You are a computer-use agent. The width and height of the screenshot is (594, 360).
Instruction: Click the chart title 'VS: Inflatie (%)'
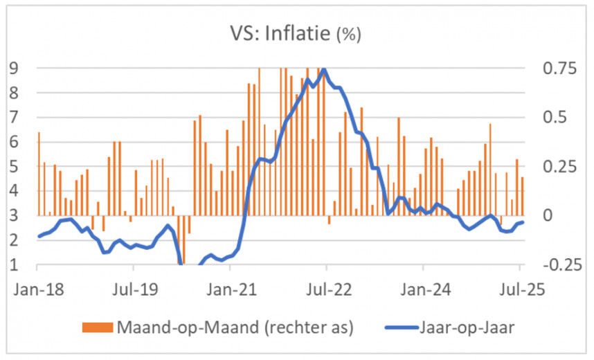(296, 33)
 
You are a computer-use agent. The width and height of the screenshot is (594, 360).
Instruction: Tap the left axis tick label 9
(13, 68)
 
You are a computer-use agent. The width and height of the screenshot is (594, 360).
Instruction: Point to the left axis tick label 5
(13, 167)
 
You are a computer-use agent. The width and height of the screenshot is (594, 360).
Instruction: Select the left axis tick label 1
(13, 265)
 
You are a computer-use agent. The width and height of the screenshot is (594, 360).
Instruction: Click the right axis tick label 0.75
(548, 68)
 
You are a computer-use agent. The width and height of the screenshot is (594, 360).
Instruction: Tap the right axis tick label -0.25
(546, 265)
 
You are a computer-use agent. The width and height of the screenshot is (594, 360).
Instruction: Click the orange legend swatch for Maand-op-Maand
(93, 327)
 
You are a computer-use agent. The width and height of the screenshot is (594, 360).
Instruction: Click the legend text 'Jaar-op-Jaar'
(468, 327)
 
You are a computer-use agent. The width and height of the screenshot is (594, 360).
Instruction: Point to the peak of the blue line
(324, 69)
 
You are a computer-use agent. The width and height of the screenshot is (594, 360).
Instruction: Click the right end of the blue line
(523, 222)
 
